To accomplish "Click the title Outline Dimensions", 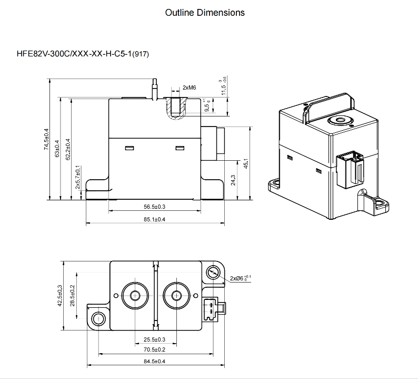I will point(205,13).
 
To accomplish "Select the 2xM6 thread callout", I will point(189,88).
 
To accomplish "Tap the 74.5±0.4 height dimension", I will point(46,140).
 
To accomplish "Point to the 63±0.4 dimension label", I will point(57,147).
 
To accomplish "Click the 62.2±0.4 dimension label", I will point(67,149).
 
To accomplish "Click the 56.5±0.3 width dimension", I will point(154,207).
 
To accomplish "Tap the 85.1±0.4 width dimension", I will point(154,219).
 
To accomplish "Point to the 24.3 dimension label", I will point(233,180).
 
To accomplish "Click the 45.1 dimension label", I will point(245,163).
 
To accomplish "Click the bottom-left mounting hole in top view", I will point(98,318).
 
